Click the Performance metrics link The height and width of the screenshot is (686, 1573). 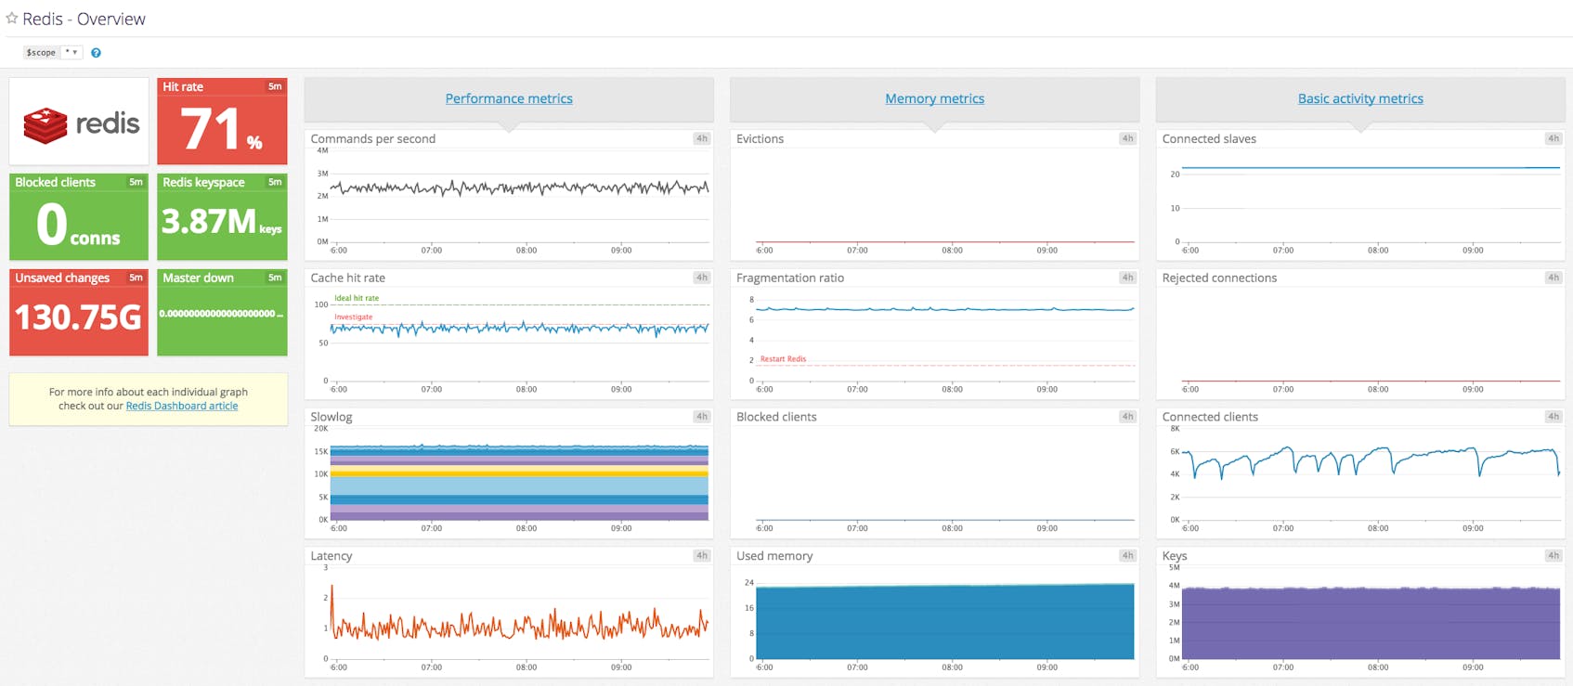point(509,98)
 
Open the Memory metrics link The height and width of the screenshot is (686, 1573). point(934,98)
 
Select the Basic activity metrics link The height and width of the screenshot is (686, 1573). point(1360,98)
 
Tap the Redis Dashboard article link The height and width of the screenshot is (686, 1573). point(182,406)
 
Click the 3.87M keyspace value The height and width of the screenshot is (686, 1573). point(209,222)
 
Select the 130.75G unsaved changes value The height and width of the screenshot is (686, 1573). point(78,317)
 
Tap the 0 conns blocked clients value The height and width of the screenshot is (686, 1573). point(53,226)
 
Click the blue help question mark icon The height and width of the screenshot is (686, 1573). point(96,53)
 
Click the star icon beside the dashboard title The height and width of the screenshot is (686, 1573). point(12,19)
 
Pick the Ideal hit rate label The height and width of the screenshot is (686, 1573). point(357,298)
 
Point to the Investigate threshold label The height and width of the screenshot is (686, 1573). point(353,317)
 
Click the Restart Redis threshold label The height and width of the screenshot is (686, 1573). point(783,358)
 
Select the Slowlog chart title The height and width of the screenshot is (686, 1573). point(331,417)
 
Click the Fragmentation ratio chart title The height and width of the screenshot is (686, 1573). point(789,278)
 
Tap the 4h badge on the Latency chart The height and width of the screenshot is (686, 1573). point(701,555)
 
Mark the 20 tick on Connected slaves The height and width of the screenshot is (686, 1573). point(1175,174)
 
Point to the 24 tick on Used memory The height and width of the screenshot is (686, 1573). point(748,583)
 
